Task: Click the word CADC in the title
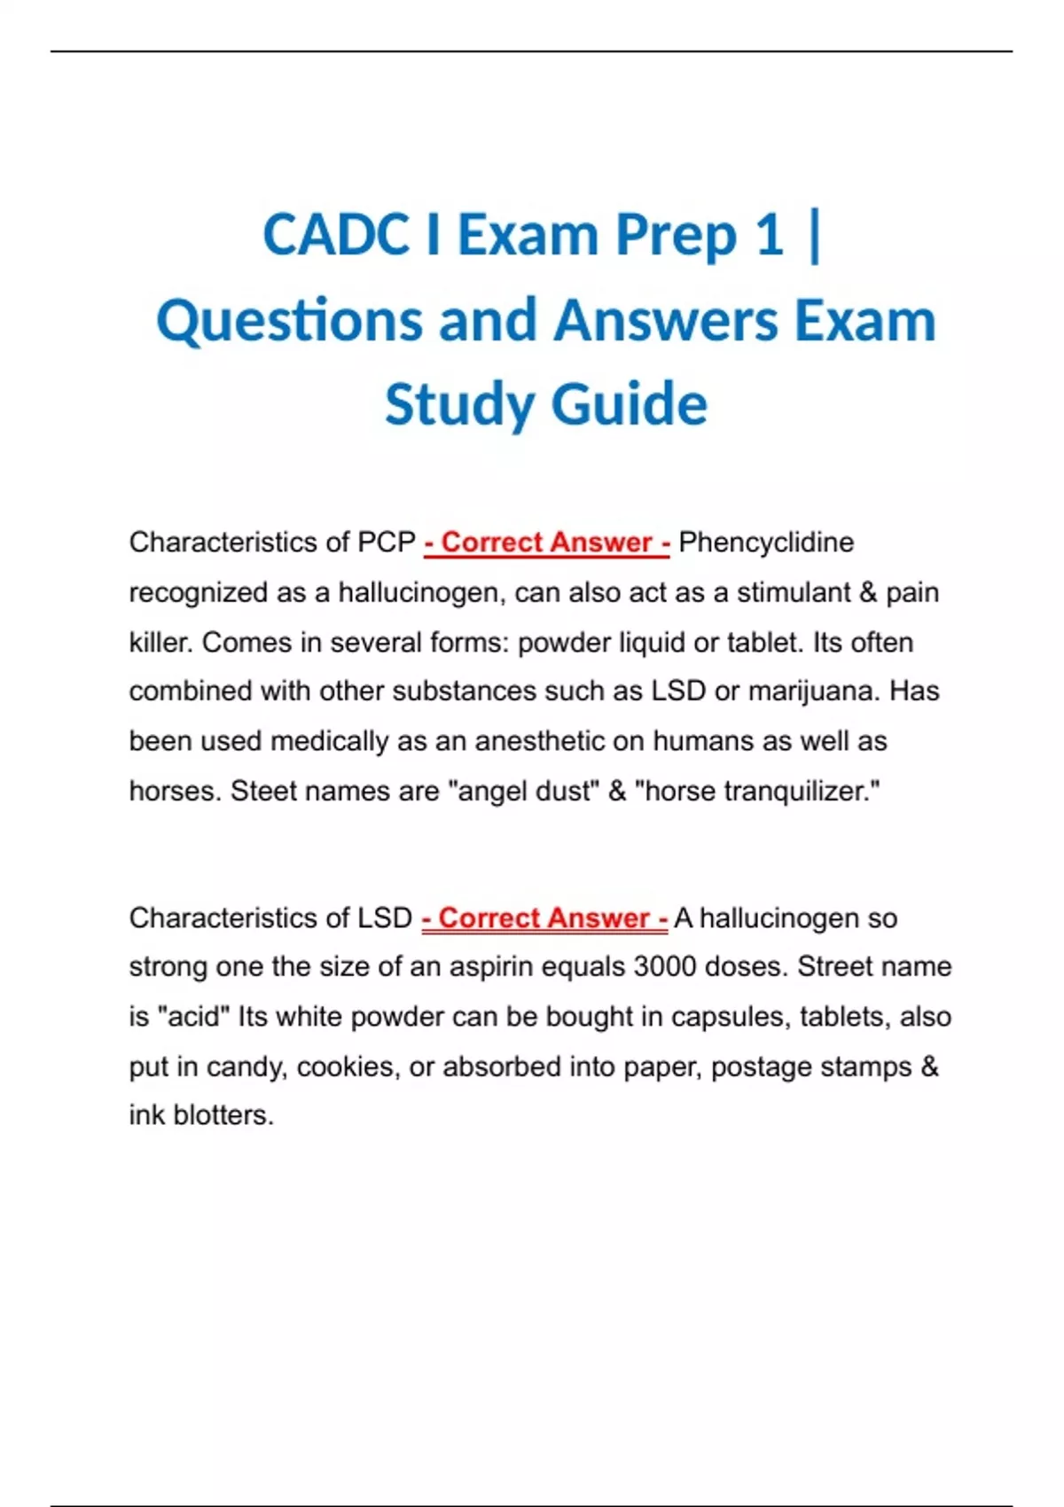pyautogui.click(x=338, y=236)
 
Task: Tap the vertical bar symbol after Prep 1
pyautogui.click(x=815, y=236)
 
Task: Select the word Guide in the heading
pyautogui.click(x=629, y=404)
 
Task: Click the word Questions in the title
pyautogui.click(x=289, y=321)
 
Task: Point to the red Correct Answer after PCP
pyautogui.click(x=546, y=543)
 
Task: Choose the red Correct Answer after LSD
pyautogui.click(x=544, y=918)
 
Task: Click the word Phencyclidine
pyautogui.click(x=765, y=543)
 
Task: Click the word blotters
pyautogui.click(x=223, y=1115)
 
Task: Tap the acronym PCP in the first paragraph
pyautogui.click(x=387, y=543)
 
